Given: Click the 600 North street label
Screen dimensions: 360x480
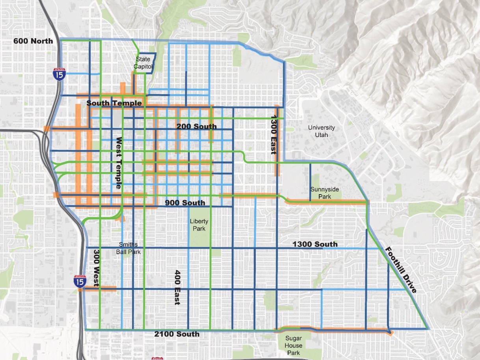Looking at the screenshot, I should [33, 41].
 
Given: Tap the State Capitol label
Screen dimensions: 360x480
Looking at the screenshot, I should [143, 63].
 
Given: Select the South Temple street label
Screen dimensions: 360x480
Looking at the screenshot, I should [114, 103].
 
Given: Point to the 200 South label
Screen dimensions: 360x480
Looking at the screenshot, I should [196, 126].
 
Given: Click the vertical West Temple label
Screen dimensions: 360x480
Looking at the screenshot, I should [119, 163].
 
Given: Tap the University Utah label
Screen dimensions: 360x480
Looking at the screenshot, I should [321, 131].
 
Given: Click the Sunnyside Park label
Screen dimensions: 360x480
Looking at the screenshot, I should [325, 193].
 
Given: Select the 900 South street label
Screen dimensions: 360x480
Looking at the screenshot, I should [185, 203].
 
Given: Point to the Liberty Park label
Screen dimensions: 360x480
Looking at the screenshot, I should [199, 225].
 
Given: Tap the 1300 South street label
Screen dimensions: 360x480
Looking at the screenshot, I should [314, 244].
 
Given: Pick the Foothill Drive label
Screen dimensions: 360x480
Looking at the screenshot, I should [400, 270].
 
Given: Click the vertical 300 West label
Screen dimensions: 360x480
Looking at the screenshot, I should [96, 268].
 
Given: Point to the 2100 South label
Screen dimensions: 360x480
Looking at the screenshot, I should [177, 334].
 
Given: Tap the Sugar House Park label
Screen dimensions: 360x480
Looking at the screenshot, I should [294, 345].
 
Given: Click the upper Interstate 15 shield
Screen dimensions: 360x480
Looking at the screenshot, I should [60, 74].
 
